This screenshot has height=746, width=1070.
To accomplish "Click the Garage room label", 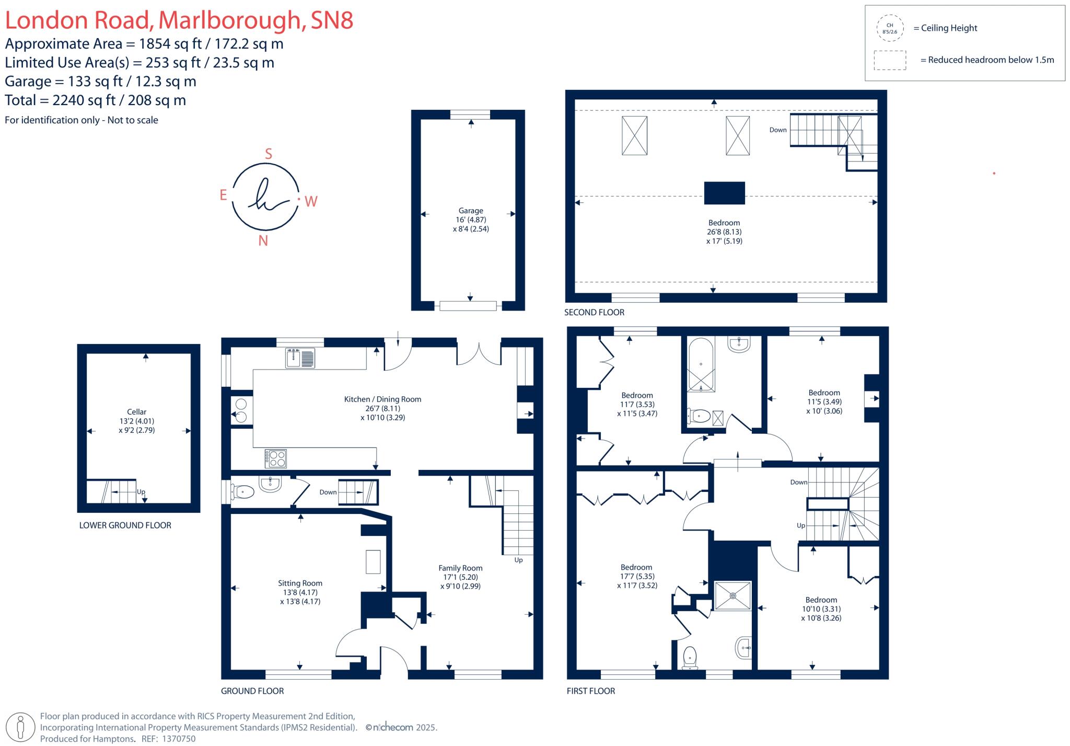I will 470,211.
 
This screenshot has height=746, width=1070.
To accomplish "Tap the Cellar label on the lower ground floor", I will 136,412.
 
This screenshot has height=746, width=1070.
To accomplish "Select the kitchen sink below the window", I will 300,358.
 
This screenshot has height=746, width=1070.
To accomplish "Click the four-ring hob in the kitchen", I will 275,458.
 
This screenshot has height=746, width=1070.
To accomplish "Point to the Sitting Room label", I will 300,583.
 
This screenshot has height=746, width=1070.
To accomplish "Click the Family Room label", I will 460,568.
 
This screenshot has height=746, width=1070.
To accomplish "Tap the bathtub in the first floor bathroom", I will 701,365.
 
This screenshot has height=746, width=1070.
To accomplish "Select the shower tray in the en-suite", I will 732,595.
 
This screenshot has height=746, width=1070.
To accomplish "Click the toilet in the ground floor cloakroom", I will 243,492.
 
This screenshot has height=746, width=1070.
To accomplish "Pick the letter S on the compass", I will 269,154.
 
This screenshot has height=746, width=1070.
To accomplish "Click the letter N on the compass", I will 263,240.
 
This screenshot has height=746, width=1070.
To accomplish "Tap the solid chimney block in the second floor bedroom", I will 724,193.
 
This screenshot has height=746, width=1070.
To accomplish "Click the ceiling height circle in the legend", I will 890,28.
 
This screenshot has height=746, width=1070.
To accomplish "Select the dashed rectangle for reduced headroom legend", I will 890,60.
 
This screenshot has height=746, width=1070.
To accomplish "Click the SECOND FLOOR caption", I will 594,312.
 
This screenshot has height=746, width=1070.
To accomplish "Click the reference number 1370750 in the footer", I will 179,739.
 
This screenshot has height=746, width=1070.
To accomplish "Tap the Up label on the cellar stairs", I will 141,492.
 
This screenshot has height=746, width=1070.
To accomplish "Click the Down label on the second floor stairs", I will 777,130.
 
